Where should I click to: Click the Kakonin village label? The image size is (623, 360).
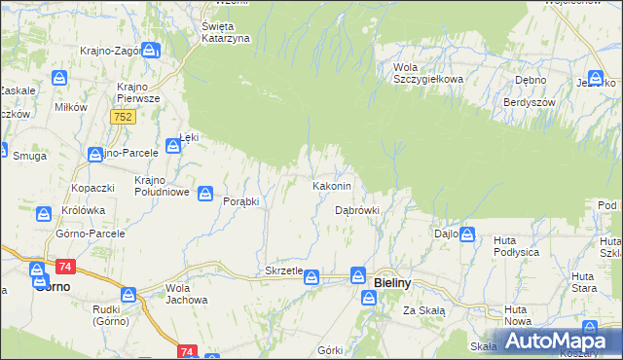(x=338, y=185)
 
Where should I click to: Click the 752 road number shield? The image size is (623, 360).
(x=123, y=116)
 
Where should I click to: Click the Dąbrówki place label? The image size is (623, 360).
(x=356, y=209)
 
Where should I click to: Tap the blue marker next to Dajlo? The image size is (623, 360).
(x=468, y=234)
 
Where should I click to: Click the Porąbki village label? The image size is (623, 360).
(x=240, y=201)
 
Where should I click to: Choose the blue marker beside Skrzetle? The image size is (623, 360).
(x=311, y=277)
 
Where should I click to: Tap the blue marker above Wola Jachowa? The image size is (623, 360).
(x=128, y=294)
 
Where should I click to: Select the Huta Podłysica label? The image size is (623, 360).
(x=517, y=246)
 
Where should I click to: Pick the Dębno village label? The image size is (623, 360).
(x=531, y=81)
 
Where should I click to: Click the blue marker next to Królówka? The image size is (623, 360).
(x=44, y=213)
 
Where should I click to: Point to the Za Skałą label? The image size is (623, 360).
(x=424, y=310)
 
